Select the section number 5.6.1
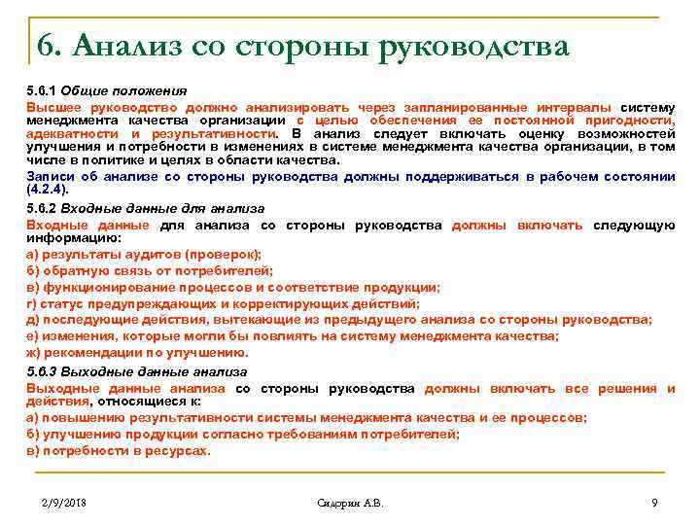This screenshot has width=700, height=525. tap(43, 90)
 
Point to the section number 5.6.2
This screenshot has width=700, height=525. tap(43, 208)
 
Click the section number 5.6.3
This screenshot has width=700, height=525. tap(43, 371)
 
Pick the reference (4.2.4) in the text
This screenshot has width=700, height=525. tap(48, 191)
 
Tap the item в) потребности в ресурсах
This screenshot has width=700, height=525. tap(118, 450)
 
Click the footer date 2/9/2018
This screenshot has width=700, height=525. tap(65, 503)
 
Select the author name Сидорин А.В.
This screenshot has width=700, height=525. tap(351, 503)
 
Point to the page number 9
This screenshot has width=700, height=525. tap(654, 503)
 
